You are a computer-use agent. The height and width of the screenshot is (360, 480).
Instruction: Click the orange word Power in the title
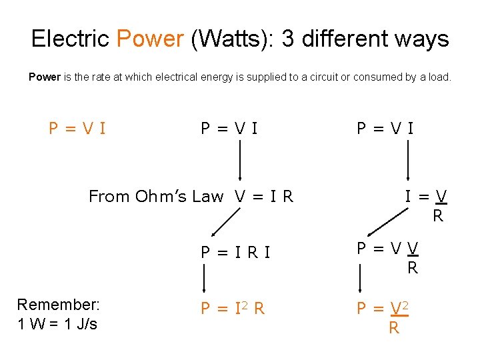(150, 39)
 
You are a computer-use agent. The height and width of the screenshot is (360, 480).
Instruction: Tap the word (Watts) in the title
(232, 39)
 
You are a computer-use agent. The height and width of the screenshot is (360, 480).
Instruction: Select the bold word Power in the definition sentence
(45, 77)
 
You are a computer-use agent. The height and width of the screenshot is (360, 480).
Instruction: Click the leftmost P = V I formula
(77, 127)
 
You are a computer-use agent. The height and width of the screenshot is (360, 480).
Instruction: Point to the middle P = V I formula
(230, 127)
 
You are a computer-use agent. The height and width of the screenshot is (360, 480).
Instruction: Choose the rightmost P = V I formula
(385, 127)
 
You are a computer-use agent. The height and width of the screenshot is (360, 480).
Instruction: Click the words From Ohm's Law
(156, 196)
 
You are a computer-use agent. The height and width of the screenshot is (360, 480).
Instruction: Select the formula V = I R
(264, 196)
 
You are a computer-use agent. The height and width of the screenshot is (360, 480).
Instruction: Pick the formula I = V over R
(427, 205)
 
